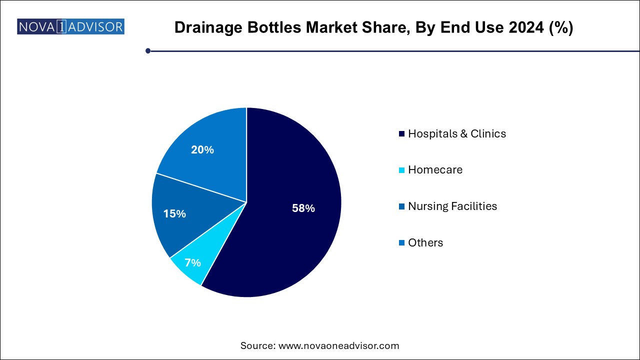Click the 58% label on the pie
click(x=303, y=208)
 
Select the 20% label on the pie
click(x=202, y=149)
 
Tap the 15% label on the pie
click(x=174, y=213)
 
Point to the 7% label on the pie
click(x=192, y=262)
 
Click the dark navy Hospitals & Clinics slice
click(x=290, y=235)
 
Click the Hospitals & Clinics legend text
click(x=457, y=134)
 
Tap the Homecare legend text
click(x=435, y=170)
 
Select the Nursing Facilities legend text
click(x=452, y=206)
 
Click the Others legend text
click(x=425, y=242)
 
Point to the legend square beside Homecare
click(x=402, y=170)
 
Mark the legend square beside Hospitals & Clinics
click(x=402, y=134)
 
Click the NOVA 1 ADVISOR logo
click(x=70, y=26)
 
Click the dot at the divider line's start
click(x=148, y=50)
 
